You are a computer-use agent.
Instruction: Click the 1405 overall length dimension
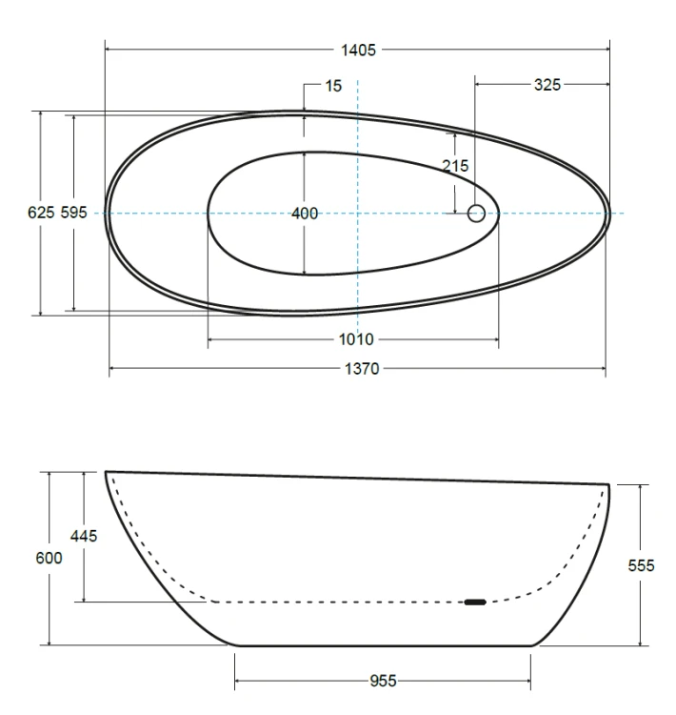click(359, 50)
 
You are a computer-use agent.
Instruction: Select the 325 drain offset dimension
click(547, 85)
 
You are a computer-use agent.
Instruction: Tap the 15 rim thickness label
click(333, 86)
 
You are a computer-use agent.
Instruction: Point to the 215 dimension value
click(455, 166)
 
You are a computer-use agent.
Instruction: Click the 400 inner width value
click(305, 213)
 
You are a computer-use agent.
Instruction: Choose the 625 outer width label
click(41, 213)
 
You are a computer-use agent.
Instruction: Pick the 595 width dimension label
click(74, 213)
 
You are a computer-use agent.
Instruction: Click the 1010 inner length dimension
click(356, 339)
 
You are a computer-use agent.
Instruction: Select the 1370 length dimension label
click(362, 368)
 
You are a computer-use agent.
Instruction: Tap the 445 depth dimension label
click(84, 536)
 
